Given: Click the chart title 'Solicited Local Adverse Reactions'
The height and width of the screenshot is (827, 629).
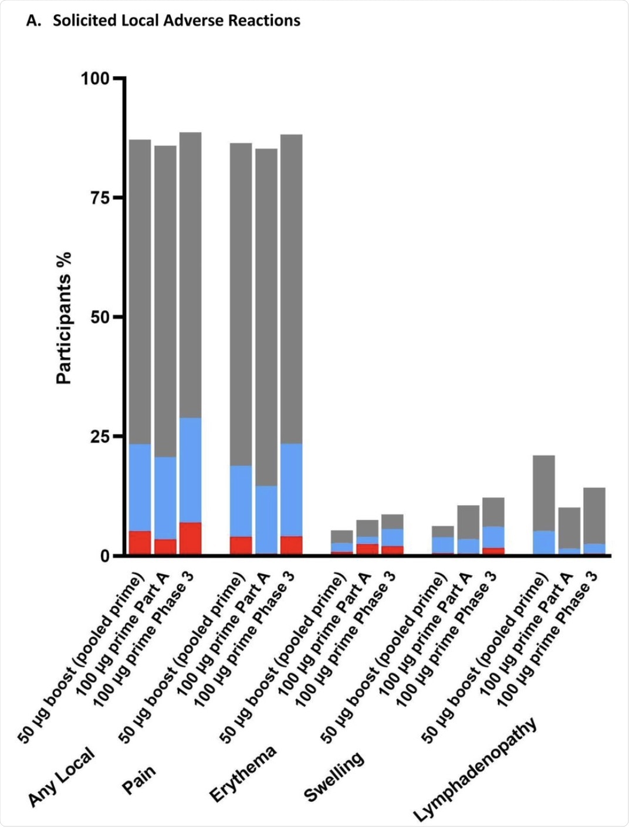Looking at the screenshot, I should [176, 21].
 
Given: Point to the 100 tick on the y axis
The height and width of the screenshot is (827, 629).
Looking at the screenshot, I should [95, 78].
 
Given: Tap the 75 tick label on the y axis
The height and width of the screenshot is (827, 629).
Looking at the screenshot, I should [100, 198].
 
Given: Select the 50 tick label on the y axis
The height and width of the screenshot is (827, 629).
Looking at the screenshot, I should [100, 317].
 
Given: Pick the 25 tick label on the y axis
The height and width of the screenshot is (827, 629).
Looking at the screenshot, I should [100, 436].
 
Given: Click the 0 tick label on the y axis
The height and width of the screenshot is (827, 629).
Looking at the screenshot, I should [105, 556].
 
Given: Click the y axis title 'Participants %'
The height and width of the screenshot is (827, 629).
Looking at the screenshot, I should [63, 318].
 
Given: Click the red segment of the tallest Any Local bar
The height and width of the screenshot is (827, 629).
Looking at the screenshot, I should [190, 538].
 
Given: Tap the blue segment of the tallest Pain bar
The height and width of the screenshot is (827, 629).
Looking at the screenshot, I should [291, 489].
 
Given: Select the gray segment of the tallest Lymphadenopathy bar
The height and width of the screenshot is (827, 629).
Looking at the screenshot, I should [544, 493].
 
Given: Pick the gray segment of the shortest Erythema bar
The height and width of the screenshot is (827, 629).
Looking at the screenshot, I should [341, 536].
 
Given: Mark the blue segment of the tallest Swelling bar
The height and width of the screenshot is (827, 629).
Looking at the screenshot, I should [493, 537].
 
